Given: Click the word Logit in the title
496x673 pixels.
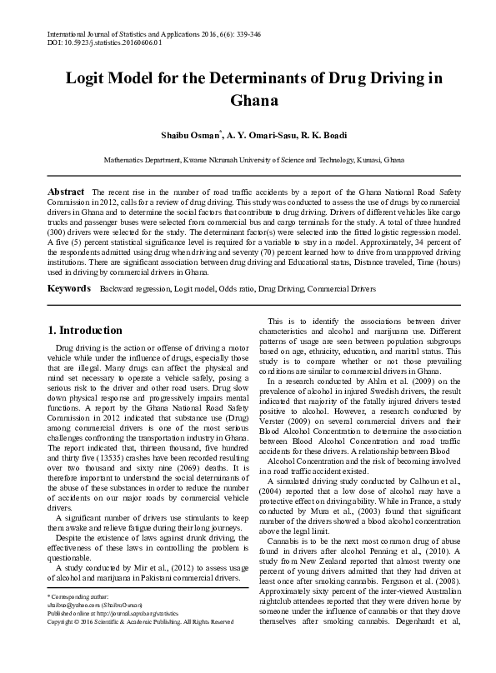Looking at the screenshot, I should [92, 80].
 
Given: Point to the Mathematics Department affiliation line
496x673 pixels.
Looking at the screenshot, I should [248, 158].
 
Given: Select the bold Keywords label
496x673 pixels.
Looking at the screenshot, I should [69, 288].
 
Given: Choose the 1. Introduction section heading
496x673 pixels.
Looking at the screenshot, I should [85, 330].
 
